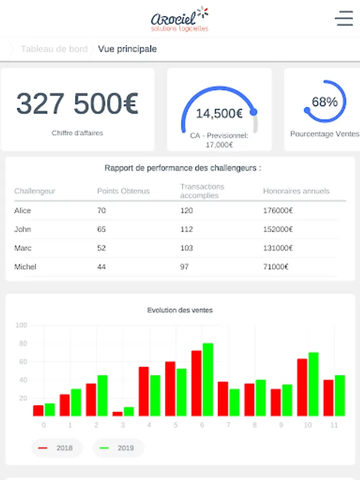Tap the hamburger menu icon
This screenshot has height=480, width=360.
pyautogui.click(x=344, y=18)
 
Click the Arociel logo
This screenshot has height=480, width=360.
pyautogui.click(x=180, y=19)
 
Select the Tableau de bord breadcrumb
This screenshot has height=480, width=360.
pyautogui.click(x=54, y=49)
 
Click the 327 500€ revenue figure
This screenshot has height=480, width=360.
pyautogui.click(x=77, y=104)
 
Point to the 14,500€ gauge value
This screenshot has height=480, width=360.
pyautogui.click(x=219, y=113)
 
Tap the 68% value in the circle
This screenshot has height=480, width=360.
pyautogui.click(x=325, y=102)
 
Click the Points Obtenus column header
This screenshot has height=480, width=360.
pyautogui.click(x=123, y=191)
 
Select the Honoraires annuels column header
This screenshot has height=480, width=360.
pyautogui.click(x=296, y=191)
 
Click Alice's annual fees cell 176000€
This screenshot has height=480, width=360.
pyautogui.click(x=278, y=211)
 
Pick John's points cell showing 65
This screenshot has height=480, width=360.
pyautogui.click(x=101, y=229)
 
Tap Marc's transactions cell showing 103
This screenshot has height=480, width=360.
pyautogui.click(x=186, y=248)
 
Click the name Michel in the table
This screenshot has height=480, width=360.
pyautogui.click(x=25, y=267)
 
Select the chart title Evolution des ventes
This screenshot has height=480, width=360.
pyautogui.click(x=180, y=310)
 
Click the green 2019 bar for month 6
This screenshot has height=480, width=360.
pyautogui.click(x=207, y=380)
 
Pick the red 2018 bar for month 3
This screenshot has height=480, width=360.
pyautogui.click(x=117, y=414)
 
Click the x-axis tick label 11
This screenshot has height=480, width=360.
pyautogui.click(x=334, y=425)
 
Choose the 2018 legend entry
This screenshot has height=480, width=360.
pyautogui.click(x=57, y=448)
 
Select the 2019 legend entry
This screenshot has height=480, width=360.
pyautogui.click(x=118, y=448)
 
